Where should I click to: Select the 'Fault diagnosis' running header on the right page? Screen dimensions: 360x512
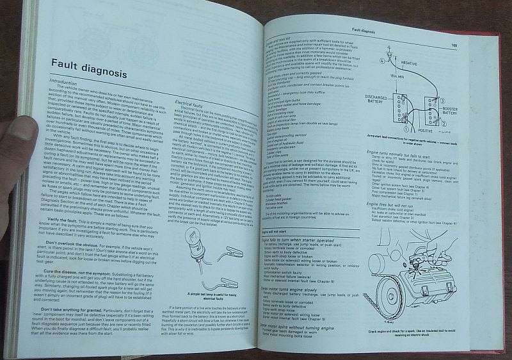click(362, 30)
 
